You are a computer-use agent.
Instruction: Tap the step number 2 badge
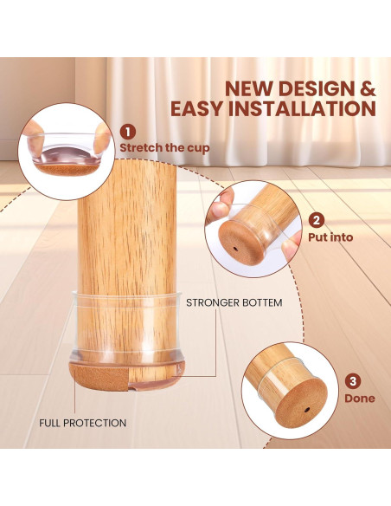point(317,220)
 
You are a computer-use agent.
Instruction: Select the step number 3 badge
point(354,381)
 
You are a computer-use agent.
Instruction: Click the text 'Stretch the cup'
point(164,147)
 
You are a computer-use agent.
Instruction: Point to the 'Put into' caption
point(330,237)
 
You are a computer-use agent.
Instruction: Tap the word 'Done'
point(360,399)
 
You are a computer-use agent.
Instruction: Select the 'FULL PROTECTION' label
point(83,423)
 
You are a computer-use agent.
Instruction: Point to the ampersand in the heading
point(368,88)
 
